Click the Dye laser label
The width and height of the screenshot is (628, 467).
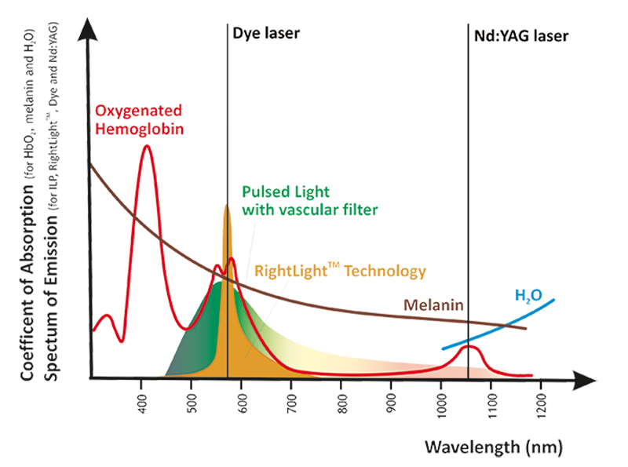264,34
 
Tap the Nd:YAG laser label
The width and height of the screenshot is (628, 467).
519,36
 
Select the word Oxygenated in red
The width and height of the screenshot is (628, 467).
137,110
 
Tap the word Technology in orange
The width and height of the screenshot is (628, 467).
380,271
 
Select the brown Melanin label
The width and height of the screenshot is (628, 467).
435,303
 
